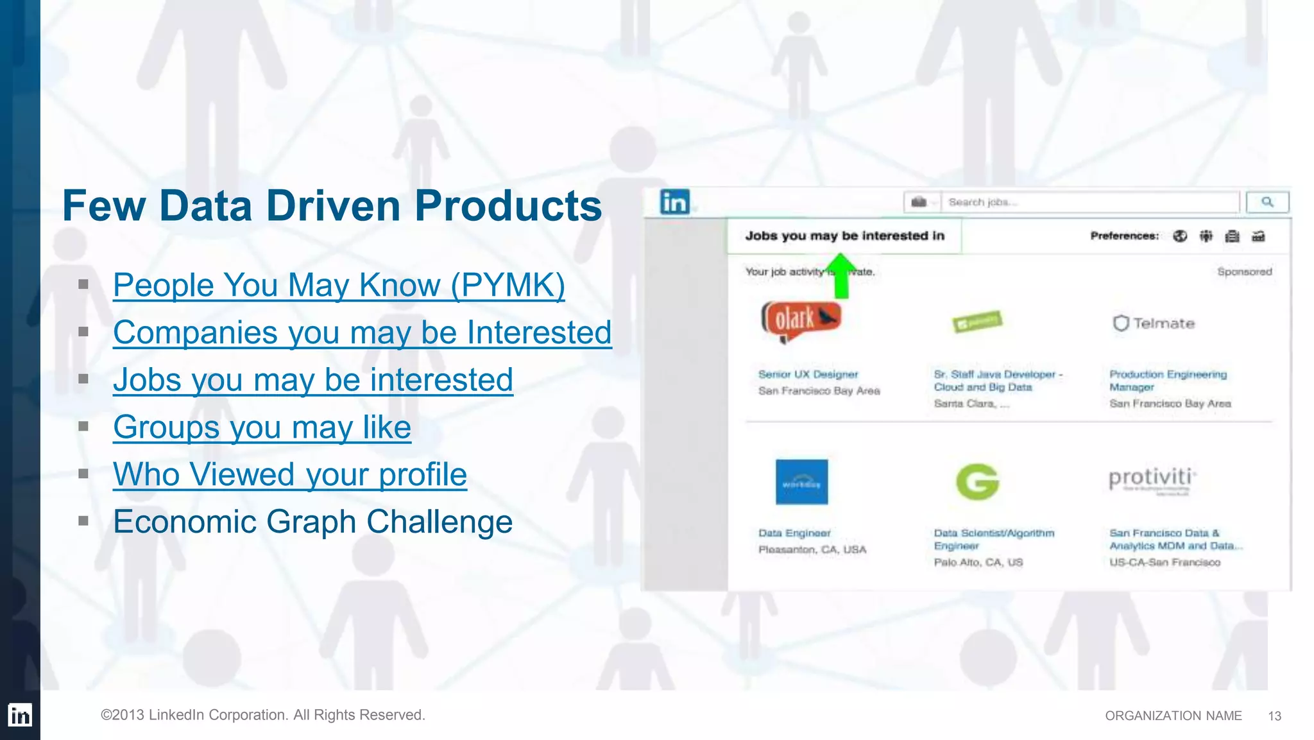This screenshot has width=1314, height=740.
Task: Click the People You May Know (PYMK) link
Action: click(x=339, y=286)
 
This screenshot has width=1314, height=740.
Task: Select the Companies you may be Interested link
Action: click(x=362, y=333)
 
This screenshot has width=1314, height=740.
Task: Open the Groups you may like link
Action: click(x=262, y=427)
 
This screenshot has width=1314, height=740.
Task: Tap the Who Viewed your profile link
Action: click(x=289, y=475)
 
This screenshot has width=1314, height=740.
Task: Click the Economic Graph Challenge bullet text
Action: click(x=312, y=522)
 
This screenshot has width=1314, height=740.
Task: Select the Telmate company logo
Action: click(x=1154, y=323)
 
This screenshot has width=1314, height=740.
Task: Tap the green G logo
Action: click(x=977, y=481)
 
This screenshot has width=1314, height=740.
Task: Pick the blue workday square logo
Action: click(x=801, y=482)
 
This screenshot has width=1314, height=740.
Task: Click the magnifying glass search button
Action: click(x=1267, y=202)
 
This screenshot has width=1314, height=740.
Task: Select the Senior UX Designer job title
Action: click(x=808, y=374)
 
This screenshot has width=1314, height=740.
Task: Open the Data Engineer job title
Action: click(x=794, y=533)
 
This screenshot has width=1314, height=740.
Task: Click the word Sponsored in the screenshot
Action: click(x=1244, y=271)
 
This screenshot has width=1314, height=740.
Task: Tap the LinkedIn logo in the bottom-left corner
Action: click(x=20, y=715)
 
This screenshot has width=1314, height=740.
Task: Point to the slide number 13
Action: click(x=1274, y=716)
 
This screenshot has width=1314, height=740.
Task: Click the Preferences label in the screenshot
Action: click(x=1124, y=236)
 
